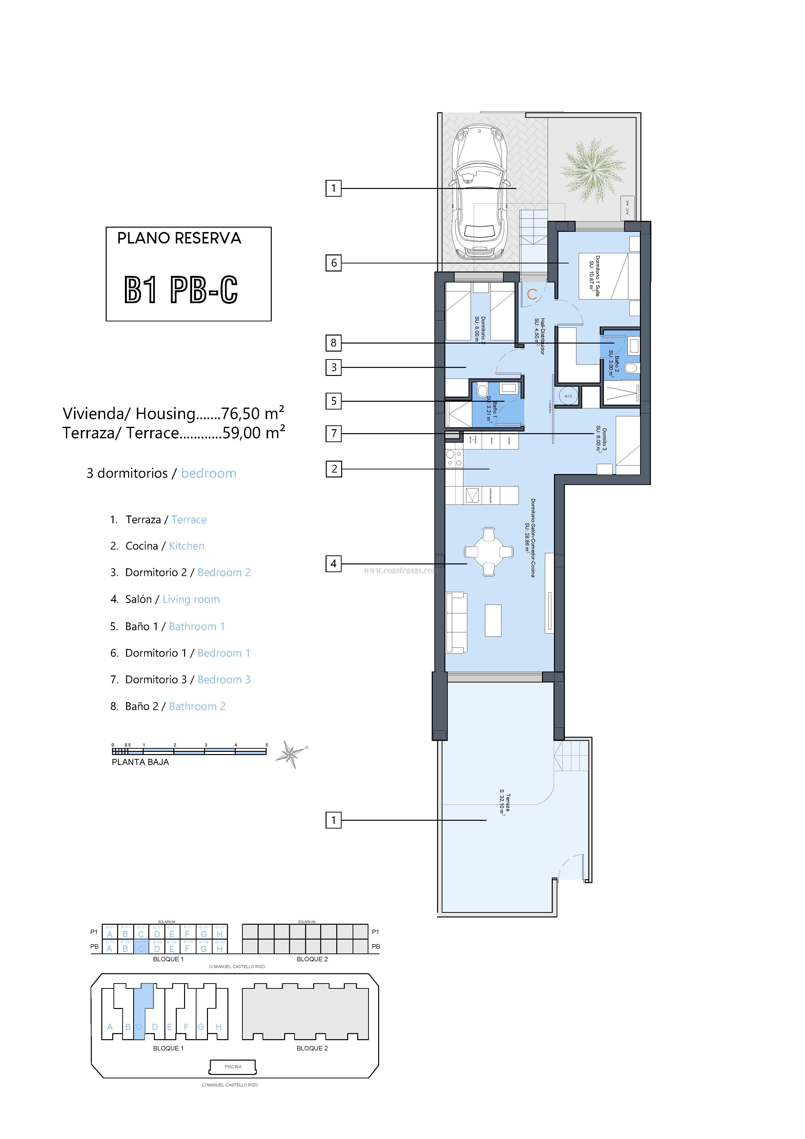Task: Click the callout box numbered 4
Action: point(333,564)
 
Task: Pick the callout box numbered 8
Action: point(333,342)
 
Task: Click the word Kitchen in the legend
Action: point(187,546)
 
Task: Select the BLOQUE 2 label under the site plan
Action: point(312,1048)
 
